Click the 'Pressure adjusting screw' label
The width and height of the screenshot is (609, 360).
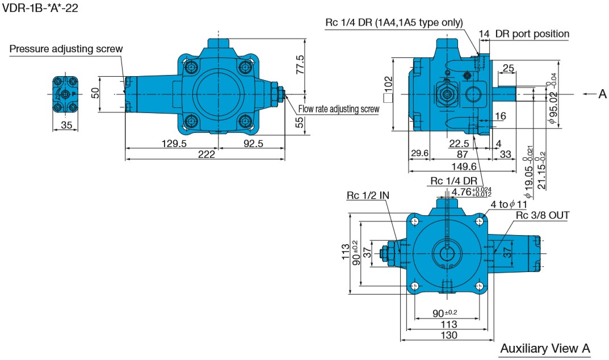coord(66,49)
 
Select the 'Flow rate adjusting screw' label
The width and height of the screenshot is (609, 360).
coord(339,109)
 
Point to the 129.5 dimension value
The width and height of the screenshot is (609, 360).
coord(173,144)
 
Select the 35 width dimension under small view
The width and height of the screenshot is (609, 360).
coord(67,125)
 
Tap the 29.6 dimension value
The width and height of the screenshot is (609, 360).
coord(419,154)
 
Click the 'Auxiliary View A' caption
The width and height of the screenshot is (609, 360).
coord(545,348)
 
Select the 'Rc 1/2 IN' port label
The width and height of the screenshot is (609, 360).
coord(368,195)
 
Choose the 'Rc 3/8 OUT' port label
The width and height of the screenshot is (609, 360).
coord(542,215)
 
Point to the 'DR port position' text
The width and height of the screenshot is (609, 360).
coord(532,34)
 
